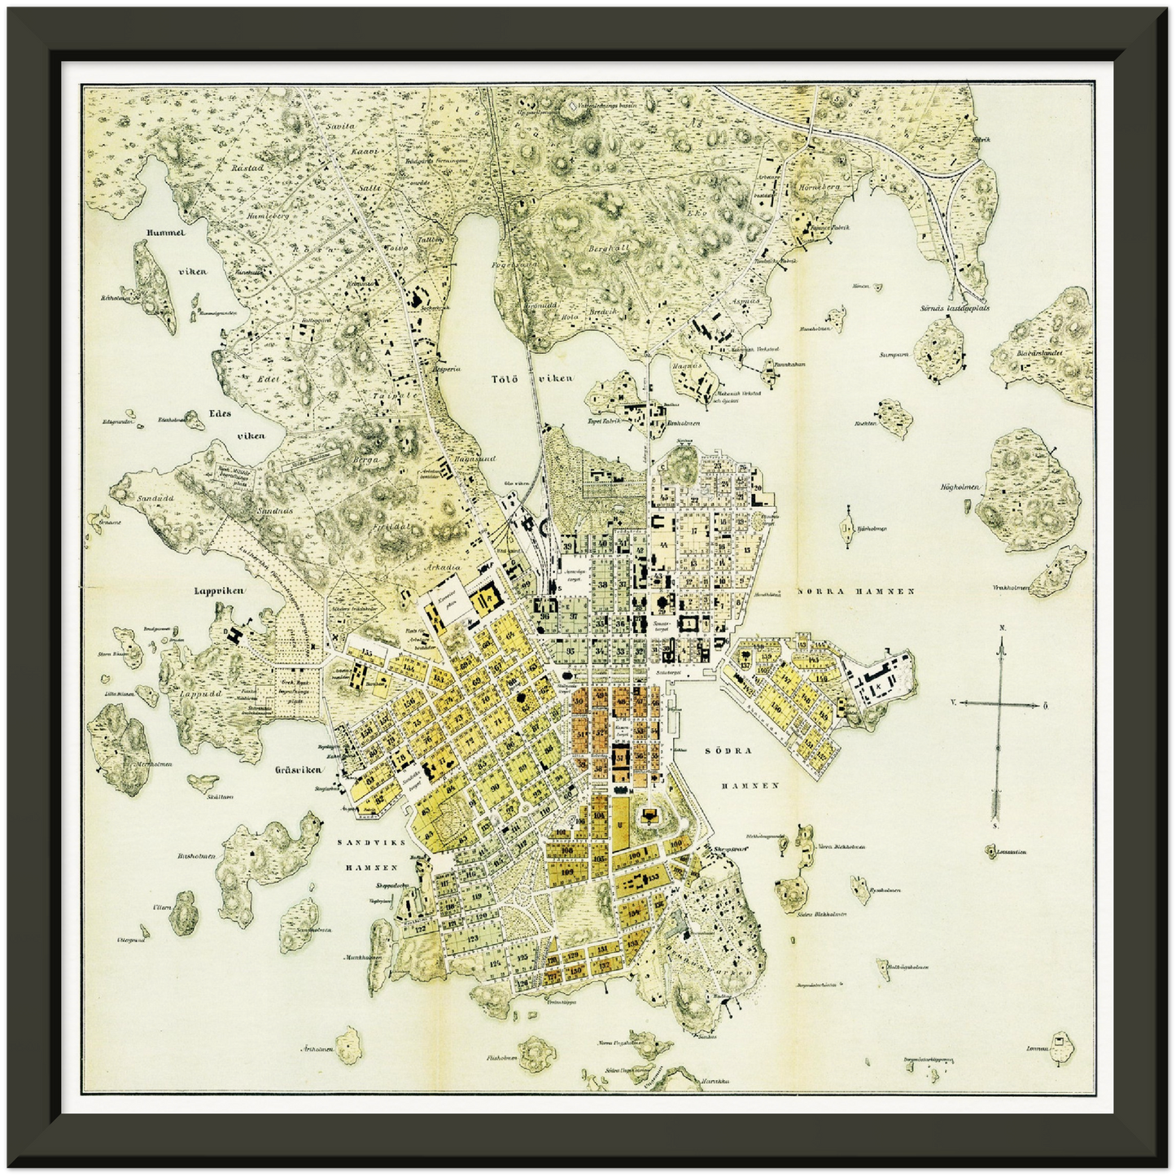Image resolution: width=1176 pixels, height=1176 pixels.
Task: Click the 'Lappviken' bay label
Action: [x=219, y=592]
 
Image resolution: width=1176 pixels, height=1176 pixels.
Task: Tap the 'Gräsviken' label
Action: [x=294, y=769]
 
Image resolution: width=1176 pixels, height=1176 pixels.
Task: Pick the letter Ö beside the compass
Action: [x=1045, y=706]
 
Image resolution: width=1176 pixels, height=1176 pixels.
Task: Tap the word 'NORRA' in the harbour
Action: [x=822, y=592]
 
